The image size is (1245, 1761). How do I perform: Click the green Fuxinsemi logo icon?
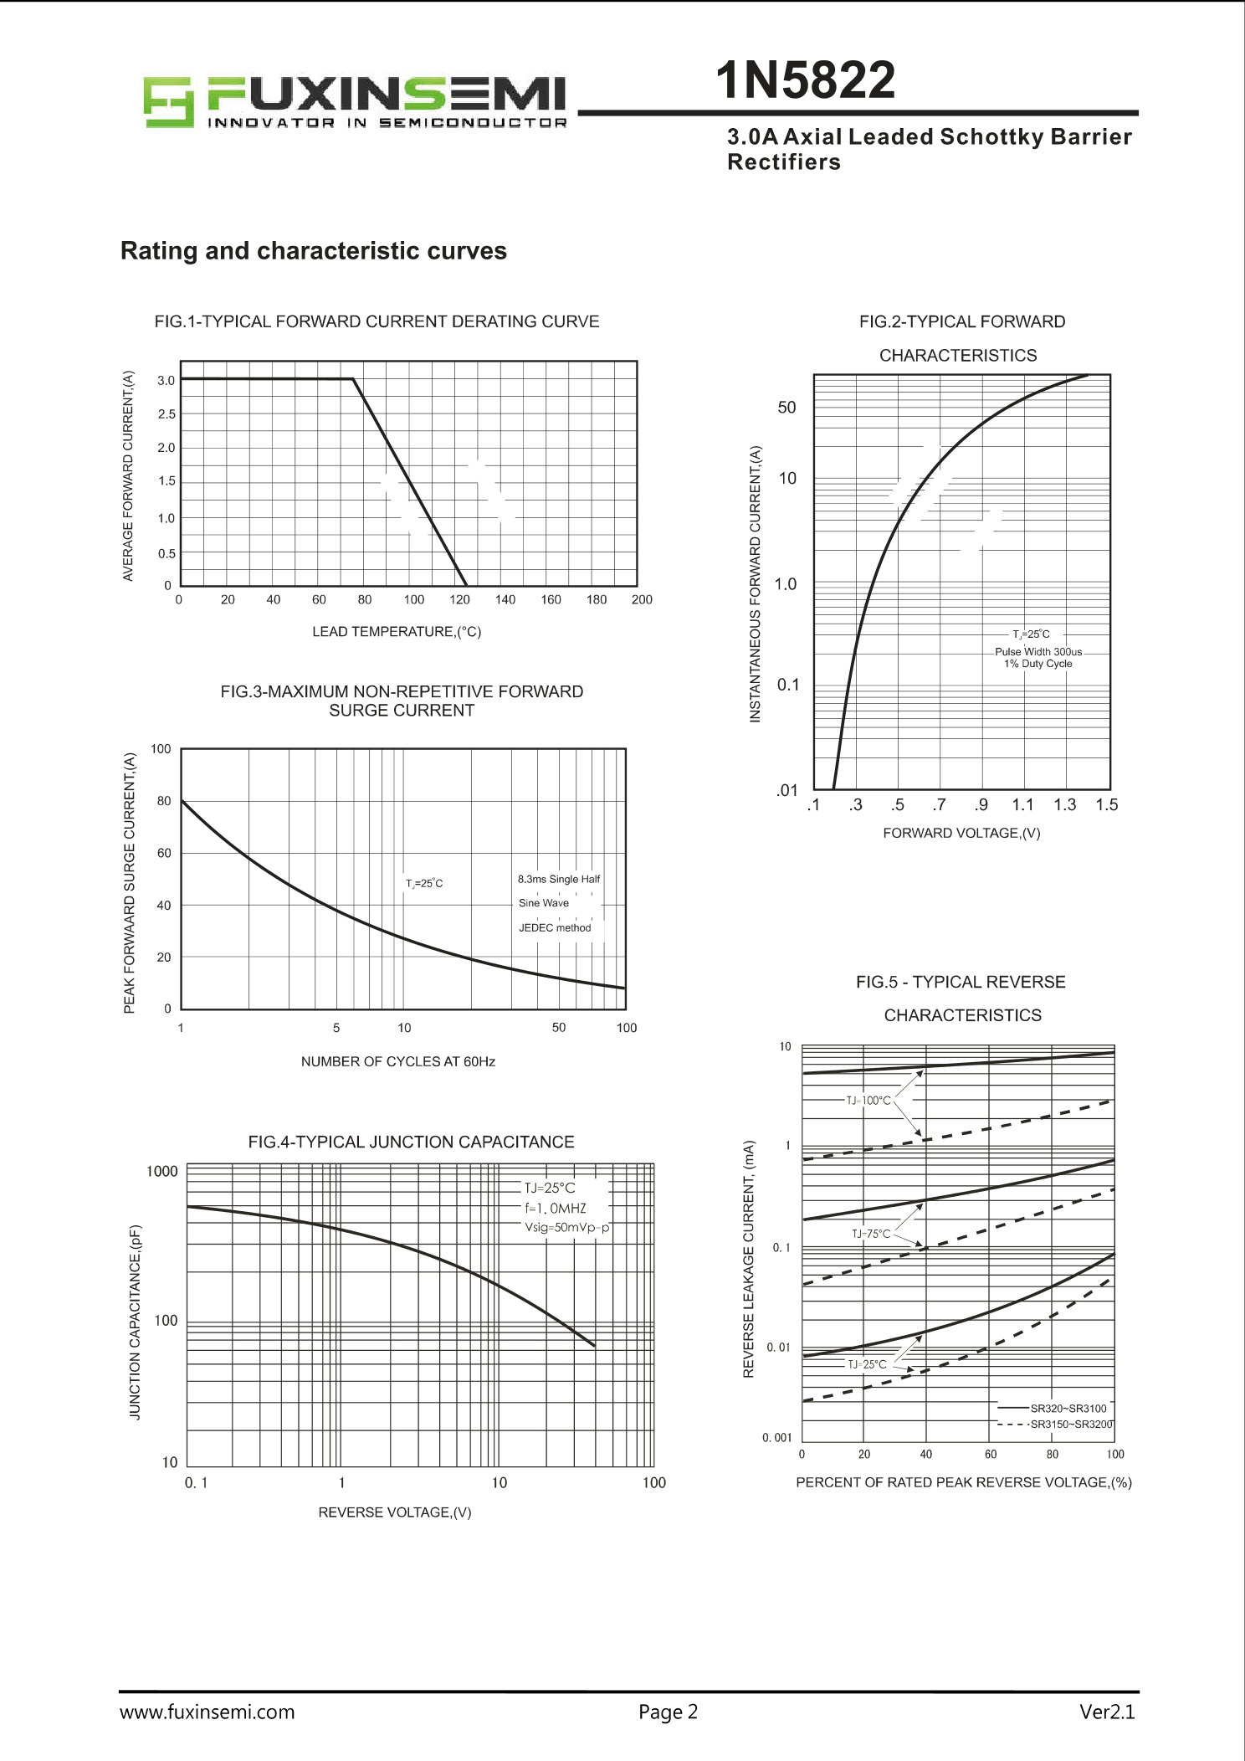tap(168, 102)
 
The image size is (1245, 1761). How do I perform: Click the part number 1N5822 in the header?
tap(805, 80)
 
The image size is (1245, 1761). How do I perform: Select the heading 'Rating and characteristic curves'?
tap(314, 251)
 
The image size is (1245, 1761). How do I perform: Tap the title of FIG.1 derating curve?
tap(377, 321)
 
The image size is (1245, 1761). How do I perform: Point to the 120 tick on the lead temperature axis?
tap(459, 600)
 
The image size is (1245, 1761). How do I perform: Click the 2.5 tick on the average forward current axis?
tap(167, 414)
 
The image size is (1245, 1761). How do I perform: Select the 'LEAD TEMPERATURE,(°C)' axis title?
tap(397, 632)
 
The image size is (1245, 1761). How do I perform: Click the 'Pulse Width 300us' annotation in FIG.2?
tap(1037, 652)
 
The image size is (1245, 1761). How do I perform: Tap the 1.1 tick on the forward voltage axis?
tap(1022, 805)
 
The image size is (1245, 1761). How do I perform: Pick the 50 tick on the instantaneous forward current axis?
tap(786, 408)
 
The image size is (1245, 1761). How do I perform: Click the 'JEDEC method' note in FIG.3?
tap(555, 927)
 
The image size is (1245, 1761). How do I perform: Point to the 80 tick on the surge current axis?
tap(164, 801)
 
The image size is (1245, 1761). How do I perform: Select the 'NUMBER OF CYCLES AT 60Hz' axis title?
tap(397, 1061)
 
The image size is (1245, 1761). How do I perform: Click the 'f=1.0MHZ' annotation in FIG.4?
tap(556, 1208)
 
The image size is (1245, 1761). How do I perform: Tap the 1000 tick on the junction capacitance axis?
tap(161, 1172)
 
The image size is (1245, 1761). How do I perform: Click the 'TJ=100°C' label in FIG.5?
tap(868, 1101)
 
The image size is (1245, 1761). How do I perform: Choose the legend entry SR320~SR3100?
tap(1068, 1409)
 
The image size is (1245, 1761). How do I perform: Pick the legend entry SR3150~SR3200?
tap(1071, 1425)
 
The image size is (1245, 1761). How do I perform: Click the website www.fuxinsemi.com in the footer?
tap(207, 1712)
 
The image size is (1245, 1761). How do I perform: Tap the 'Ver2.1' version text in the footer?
tap(1107, 1712)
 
